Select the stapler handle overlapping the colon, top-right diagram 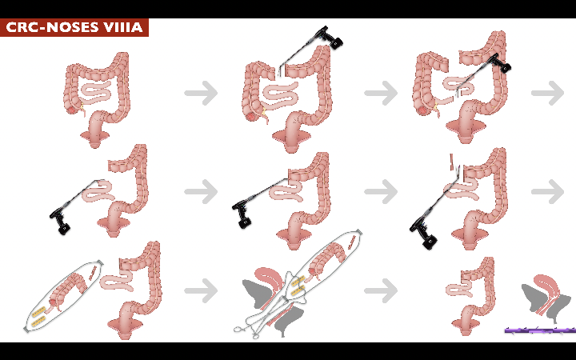pos(501,63)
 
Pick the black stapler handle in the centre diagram pos(242,214)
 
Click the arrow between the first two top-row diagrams pos(201,93)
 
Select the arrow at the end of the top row pos(547,93)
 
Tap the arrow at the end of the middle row pos(547,191)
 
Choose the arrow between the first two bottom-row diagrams pos(201,290)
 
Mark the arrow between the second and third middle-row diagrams pos(381,191)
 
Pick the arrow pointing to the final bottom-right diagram pos(381,290)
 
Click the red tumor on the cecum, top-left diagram pos(72,109)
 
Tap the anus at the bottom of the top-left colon pos(94,143)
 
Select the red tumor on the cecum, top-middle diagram pos(251,116)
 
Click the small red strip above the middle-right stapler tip pos(452,162)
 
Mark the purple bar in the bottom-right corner pos(540,330)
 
